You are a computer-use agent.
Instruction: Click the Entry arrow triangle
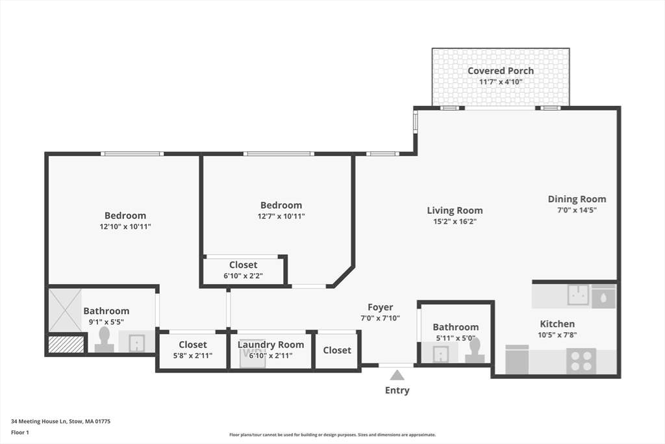tap(397, 375)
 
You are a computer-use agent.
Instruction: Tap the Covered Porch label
tap(501, 71)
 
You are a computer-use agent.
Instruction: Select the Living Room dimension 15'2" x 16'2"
tap(455, 222)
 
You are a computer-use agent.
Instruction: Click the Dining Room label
tap(577, 199)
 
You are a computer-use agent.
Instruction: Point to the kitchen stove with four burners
tap(581, 361)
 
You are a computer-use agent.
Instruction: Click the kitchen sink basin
tap(578, 294)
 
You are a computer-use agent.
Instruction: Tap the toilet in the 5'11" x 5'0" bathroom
tap(475, 350)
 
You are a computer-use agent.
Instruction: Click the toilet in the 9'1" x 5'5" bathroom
tap(104, 339)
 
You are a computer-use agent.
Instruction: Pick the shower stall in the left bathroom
tap(65, 310)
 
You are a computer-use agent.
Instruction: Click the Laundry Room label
tap(271, 345)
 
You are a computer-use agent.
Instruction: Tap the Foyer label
tap(380, 307)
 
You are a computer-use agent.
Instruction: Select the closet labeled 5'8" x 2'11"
tap(193, 350)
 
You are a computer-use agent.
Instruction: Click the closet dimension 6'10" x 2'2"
tap(243, 276)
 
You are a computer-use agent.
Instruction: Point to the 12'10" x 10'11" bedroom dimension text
tap(125, 227)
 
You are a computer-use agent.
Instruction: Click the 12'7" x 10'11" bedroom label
tap(281, 205)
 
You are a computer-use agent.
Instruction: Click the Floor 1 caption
tap(20, 432)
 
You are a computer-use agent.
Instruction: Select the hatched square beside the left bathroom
tap(66, 345)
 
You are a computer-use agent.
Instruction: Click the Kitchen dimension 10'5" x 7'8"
tap(557, 335)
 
